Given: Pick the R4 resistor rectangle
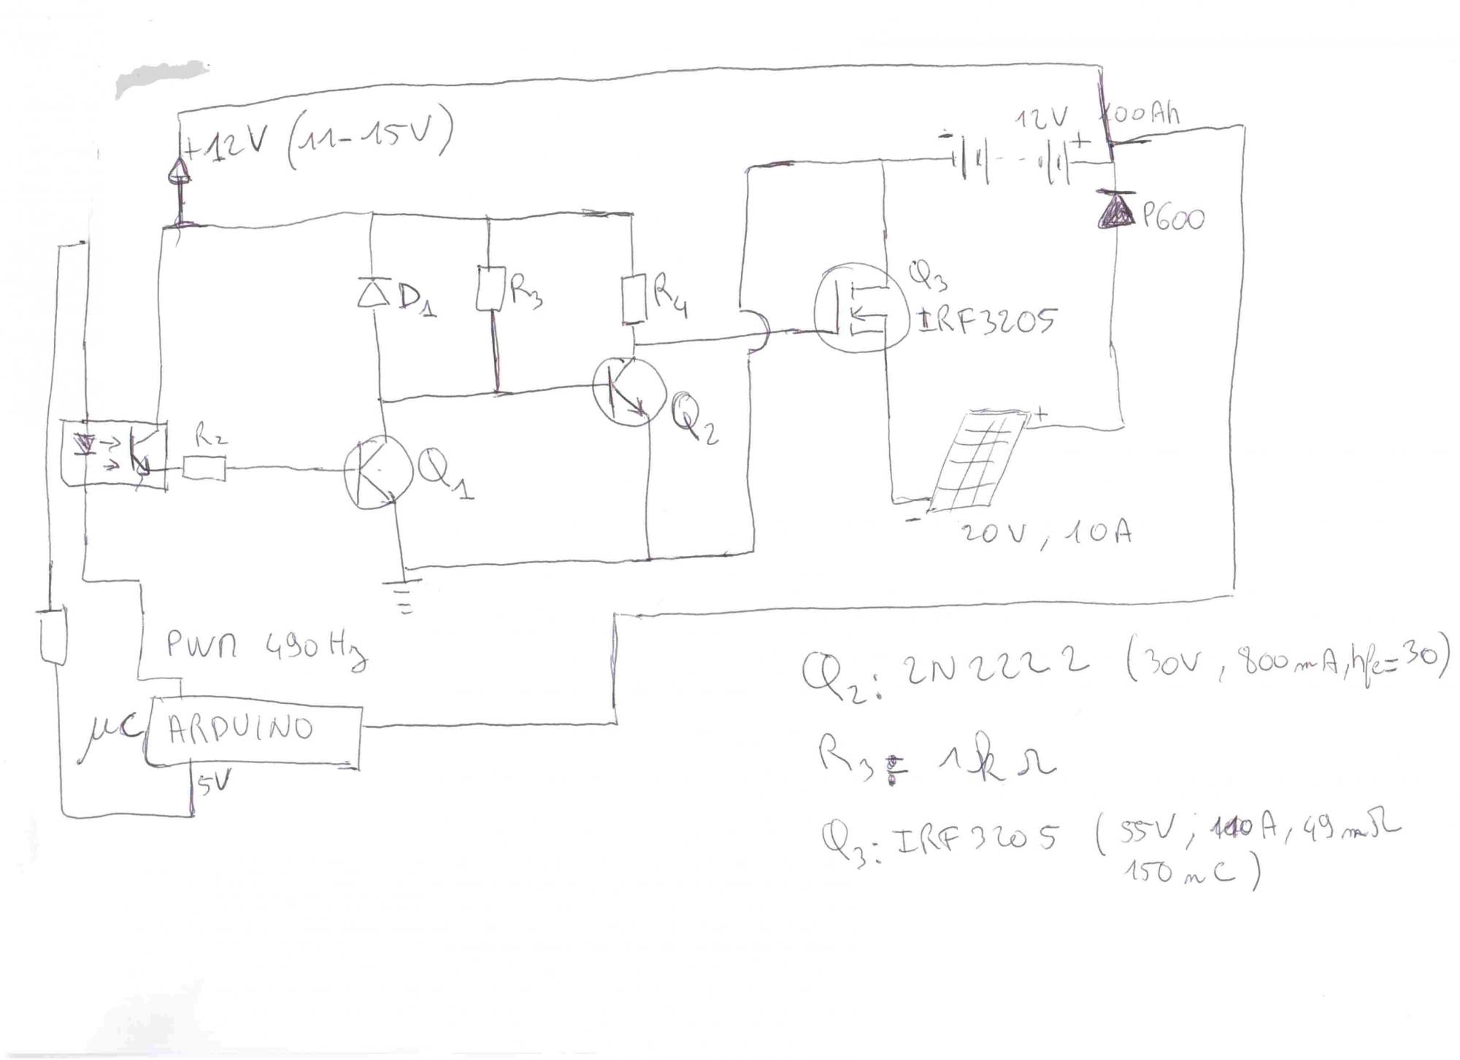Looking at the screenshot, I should [x=634, y=298].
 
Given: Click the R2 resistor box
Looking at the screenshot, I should [x=204, y=468].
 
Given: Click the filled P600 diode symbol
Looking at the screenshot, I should [x=1115, y=209].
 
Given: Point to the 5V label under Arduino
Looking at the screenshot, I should [x=214, y=784].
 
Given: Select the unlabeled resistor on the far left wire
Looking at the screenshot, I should [x=53, y=636].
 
